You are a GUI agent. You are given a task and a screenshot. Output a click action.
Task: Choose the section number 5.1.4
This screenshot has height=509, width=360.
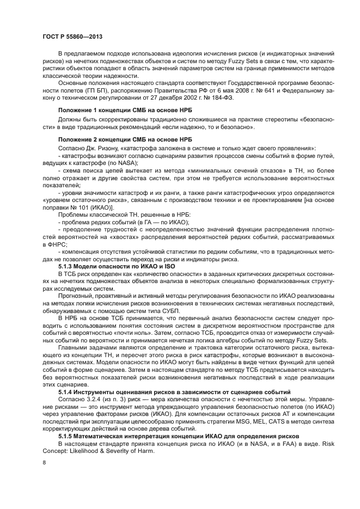click(67, 392)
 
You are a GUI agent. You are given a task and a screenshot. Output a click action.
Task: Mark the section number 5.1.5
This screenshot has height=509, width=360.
click(67, 436)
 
